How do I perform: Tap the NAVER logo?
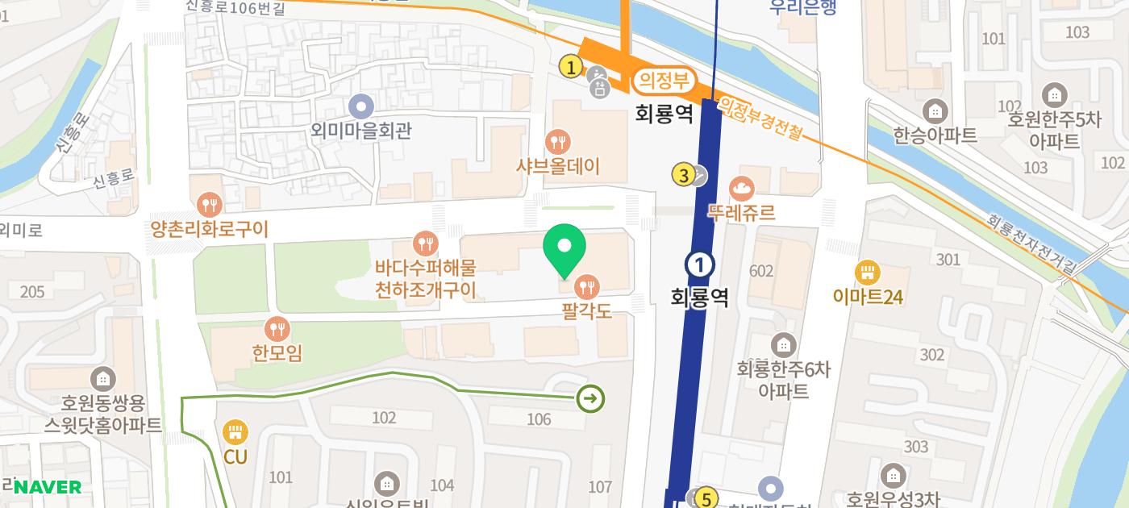(x=48, y=487)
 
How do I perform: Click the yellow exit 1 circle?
(x=571, y=68)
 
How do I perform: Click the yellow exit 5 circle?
(x=706, y=499)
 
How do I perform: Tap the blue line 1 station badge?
(x=700, y=264)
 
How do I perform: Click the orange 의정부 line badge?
(x=663, y=80)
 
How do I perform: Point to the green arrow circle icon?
(x=591, y=398)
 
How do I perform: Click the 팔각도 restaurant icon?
(x=587, y=285)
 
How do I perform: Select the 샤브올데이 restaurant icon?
(x=558, y=144)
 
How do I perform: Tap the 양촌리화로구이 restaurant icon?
(x=209, y=204)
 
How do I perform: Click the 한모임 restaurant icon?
(x=277, y=328)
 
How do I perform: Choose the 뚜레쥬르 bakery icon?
(x=741, y=189)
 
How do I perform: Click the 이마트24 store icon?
(x=868, y=272)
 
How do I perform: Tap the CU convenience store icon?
(x=235, y=432)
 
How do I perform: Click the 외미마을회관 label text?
(x=360, y=131)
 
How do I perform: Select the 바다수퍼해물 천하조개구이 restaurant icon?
(x=425, y=243)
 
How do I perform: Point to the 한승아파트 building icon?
(x=935, y=110)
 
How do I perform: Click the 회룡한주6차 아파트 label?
(x=783, y=380)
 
